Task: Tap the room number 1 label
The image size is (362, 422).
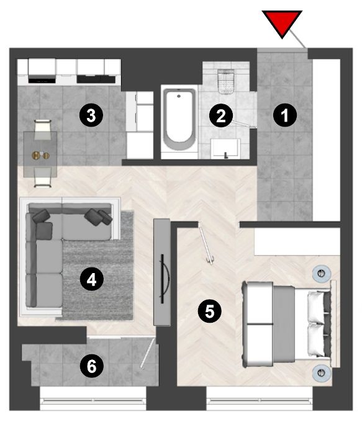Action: pyautogui.click(x=285, y=115)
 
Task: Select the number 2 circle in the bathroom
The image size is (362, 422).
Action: pyautogui.click(x=221, y=115)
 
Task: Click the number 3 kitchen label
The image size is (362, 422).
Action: pyautogui.click(x=91, y=115)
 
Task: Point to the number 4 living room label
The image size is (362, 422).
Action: pyautogui.click(x=91, y=280)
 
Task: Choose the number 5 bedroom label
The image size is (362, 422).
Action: pyautogui.click(x=209, y=312)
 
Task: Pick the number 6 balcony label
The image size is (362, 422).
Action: pyautogui.click(x=91, y=366)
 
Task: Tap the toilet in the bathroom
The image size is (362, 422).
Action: pyautogui.click(x=226, y=81)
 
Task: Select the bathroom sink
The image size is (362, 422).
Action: pyautogui.click(x=225, y=148)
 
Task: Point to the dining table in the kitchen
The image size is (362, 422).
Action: pyautogui.click(x=40, y=154)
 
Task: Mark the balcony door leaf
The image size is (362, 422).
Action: pyautogui.click(x=148, y=353)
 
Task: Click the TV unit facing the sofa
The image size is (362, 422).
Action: pyautogui.click(x=162, y=272)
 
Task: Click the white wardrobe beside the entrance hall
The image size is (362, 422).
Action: pyautogui.click(x=327, y=140)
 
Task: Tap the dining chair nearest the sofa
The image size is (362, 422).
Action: pyautogui.click(x=43, y=177)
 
